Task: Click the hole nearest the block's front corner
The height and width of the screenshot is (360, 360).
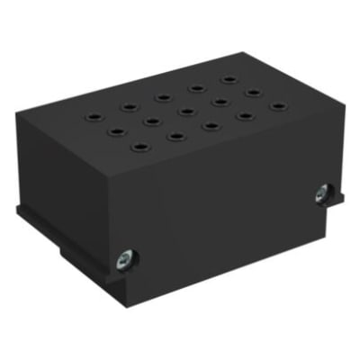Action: click(x=139, y=144)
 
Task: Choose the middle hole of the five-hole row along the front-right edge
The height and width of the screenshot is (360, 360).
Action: click(x=211, y=125)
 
